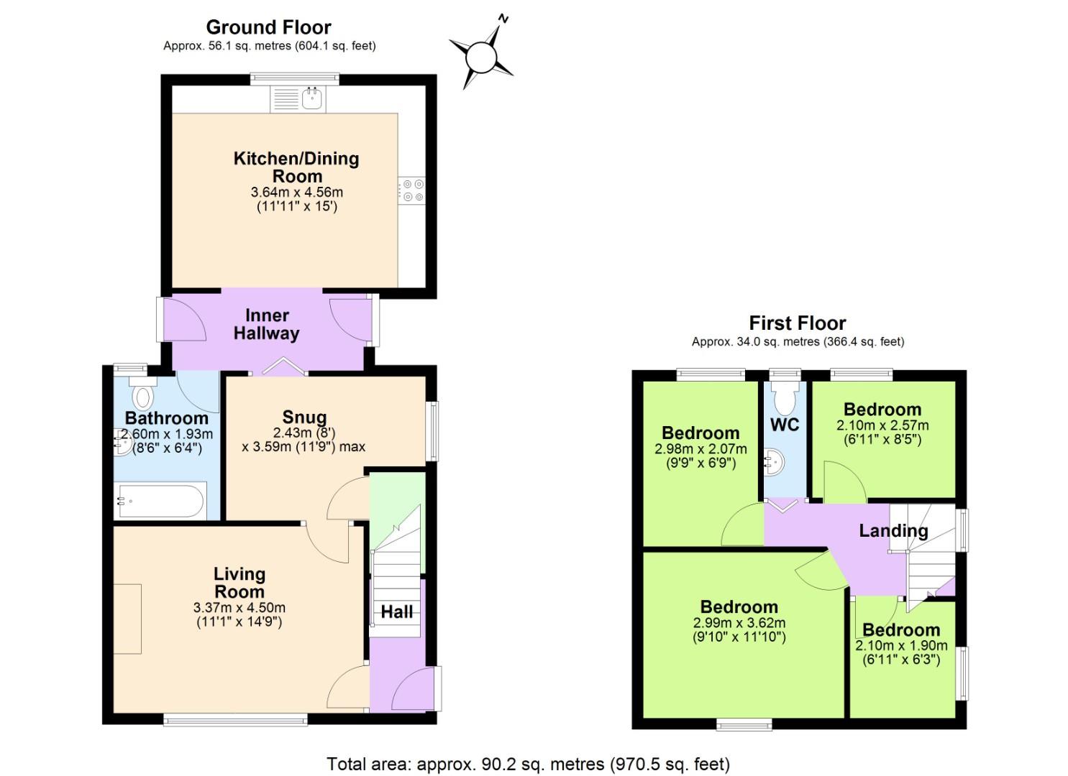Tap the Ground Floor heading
(x=268, y=27)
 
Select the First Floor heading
(x=797, y=323)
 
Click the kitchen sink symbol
(x=311, y=99)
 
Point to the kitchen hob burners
(x=413, y=190)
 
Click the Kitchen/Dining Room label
(x=296, y=167)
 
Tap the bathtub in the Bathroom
(x=161, y=501)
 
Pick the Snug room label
(x=304, y=417)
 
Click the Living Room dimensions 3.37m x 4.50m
(x=239, y=608)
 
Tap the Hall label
(x=396, y=611)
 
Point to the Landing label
(x=893, y=531)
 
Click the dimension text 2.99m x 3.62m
(x=739, y=623)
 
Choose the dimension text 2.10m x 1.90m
(x=901, y=645)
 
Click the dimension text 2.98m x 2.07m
(x=700, y=449)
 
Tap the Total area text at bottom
(x=528, y=764)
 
